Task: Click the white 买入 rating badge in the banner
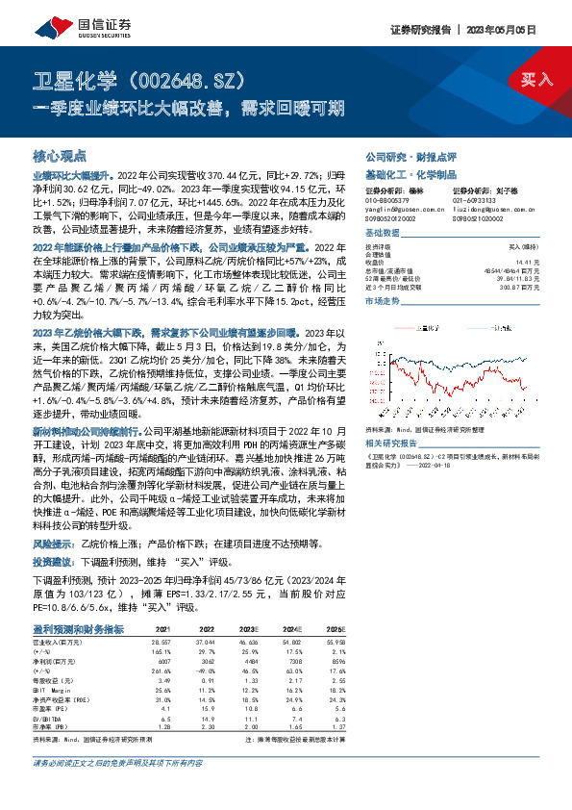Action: point(536,78)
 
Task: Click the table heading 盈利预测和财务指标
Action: point(78,628)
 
